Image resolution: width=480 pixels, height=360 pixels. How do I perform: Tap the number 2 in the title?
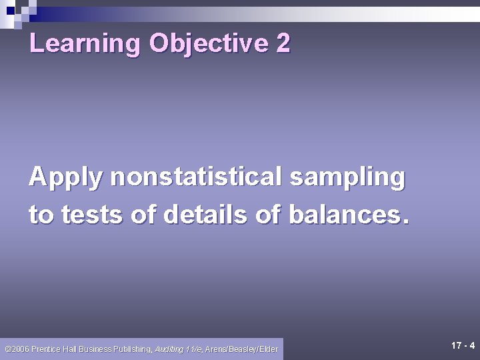point(283,44)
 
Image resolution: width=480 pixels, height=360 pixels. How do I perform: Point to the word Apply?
point(66,178)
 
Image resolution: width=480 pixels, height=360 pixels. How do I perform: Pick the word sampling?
point(347,178)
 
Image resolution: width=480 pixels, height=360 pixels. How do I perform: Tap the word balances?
point(347,215)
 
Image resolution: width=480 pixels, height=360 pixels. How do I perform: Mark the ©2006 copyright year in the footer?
point(17,349)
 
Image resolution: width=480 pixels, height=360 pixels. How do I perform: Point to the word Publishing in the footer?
point(132,349)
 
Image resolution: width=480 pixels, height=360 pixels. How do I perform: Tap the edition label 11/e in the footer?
point(194,349)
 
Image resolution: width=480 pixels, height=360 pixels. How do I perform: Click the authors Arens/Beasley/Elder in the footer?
point(241,349)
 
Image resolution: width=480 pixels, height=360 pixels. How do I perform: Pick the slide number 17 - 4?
point(463,345)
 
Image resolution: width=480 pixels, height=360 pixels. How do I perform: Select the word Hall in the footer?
point(71,349)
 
